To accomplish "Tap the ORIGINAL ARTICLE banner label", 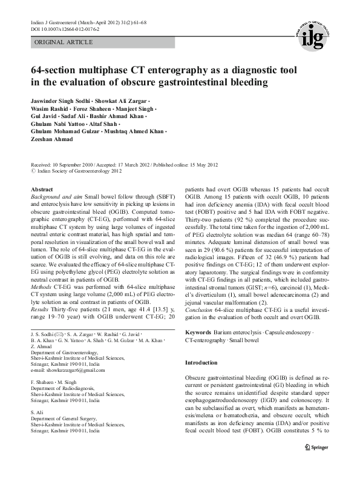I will click(x=64, y=42).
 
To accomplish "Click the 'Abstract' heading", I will click(x=42, y=190).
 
